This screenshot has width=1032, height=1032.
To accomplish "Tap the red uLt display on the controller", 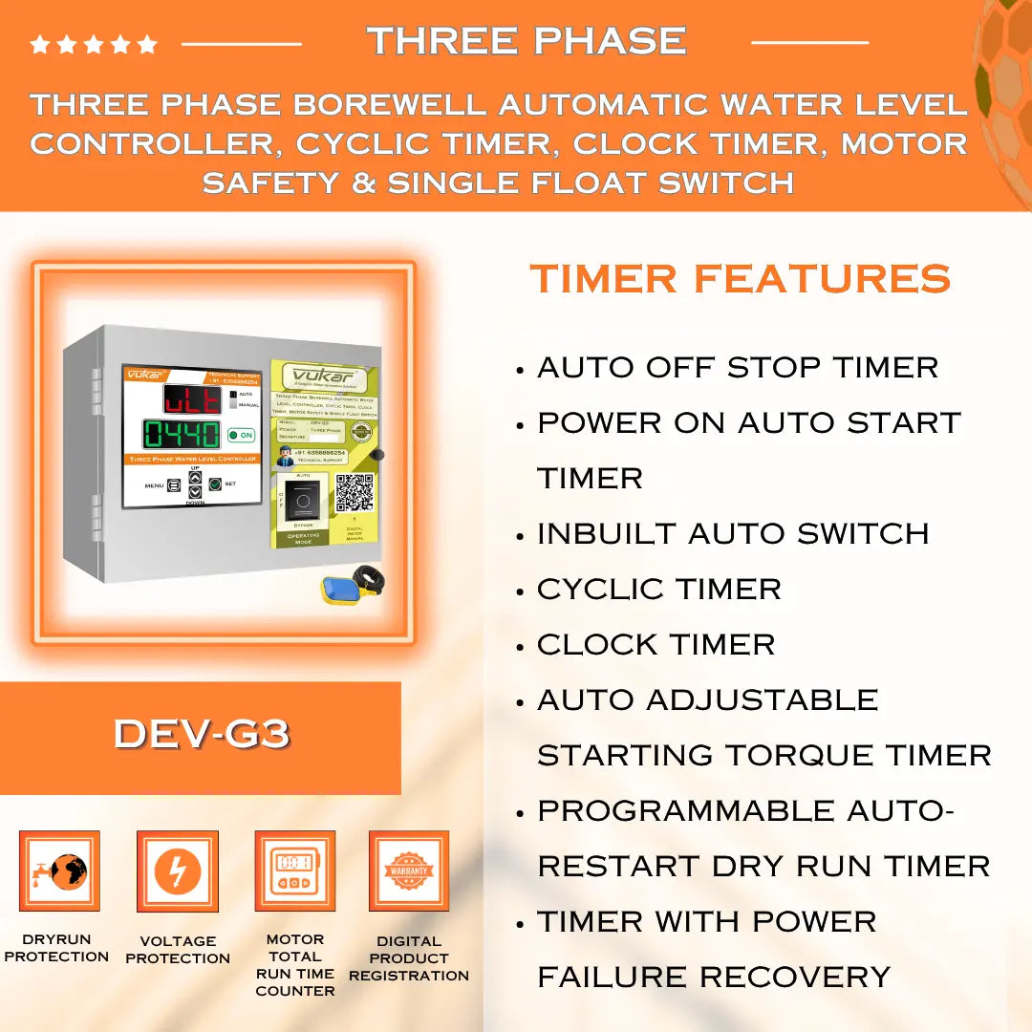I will pyautogui.click(x=191, y=398).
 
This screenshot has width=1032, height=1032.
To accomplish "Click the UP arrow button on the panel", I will pyautogui.click(x=195, y=477).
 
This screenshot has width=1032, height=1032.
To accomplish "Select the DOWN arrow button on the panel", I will pyautogui.click(x=195, y=492).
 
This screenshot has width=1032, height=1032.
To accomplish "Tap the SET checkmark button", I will pyautogui.click(x=215, y=484).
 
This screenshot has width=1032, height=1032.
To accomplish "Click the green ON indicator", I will pyautogui.click(x=241, y=435).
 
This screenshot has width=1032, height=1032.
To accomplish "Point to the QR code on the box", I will pyautogui.click(x=354, y=491).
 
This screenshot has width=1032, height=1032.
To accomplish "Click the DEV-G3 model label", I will pyautogui.click(x=201, y=734).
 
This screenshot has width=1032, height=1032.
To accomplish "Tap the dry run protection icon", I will pyautogui.click(x=59, y=871).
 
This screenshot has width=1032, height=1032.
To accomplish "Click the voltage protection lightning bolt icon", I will pyautogui.click(x=178, y=871).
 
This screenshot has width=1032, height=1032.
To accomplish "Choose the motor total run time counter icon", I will pyautogui.click(x=294, y=871).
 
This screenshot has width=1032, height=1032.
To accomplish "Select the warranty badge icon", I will pyautogui.click(x=409, y=871).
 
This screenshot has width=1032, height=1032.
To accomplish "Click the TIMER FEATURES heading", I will pyautogui.click(x=740, y=279).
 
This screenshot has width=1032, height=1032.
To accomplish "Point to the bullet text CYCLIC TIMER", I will pyautogui.click(x=658, y=589).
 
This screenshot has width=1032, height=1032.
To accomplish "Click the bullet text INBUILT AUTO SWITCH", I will pyautogui.click(x=732, y=533).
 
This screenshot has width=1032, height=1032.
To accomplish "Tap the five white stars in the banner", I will pyautogui.click(x=94, y=44).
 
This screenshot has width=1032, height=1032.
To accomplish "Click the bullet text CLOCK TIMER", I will pyautogui.click(x=656, y=644).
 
